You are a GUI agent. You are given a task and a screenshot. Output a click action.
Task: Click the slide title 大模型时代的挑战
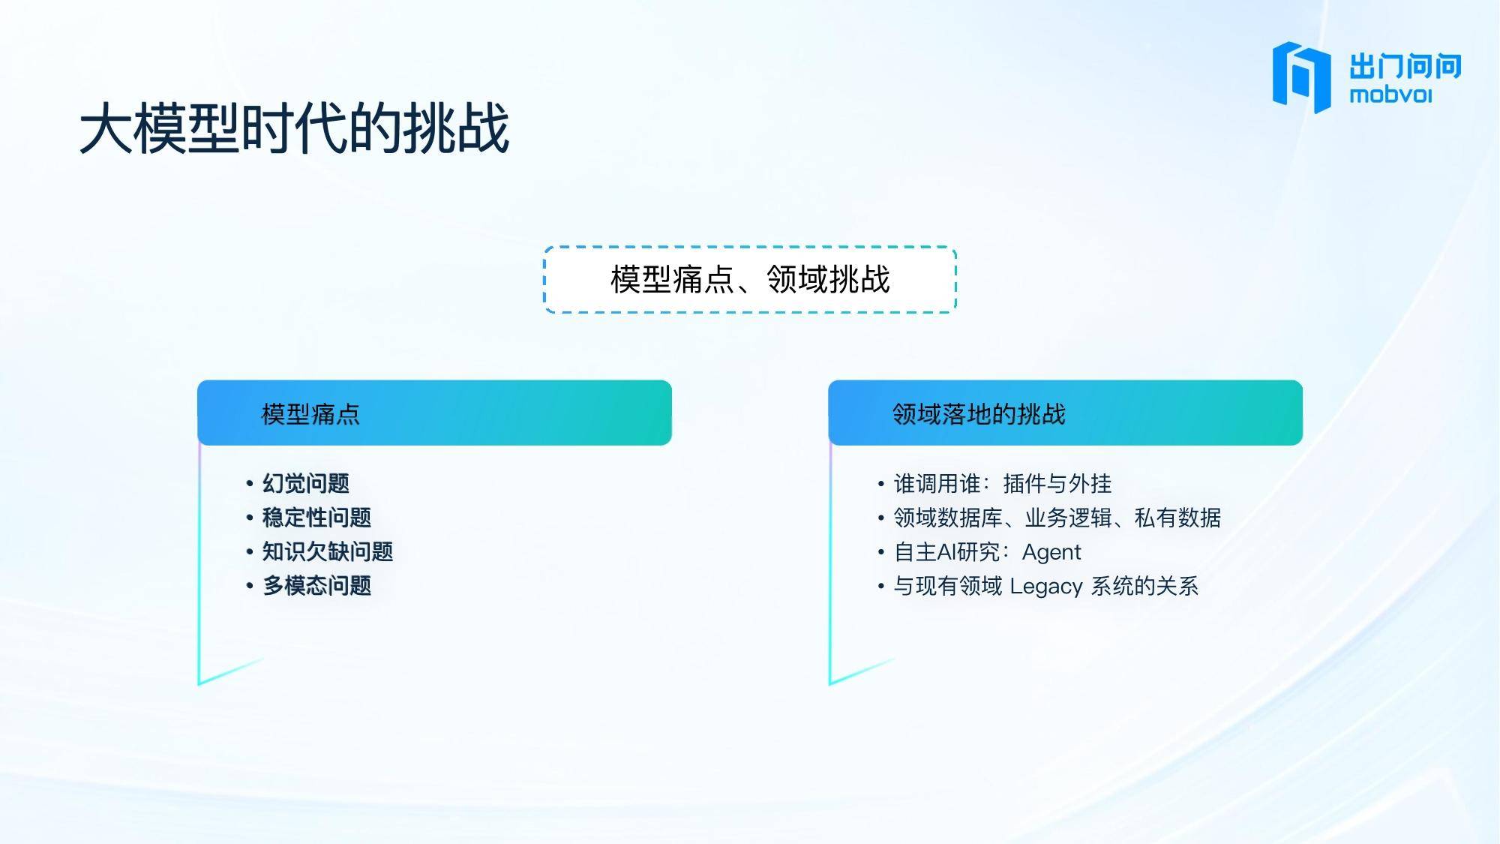295,129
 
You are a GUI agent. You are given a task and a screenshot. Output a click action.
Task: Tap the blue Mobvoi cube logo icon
1301,77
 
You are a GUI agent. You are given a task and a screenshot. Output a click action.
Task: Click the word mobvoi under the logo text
1390,95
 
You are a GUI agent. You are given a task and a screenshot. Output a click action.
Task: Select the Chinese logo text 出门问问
1405,66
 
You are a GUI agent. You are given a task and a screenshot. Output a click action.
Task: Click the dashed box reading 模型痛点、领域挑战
750,279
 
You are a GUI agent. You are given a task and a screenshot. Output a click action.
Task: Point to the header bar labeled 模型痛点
434,413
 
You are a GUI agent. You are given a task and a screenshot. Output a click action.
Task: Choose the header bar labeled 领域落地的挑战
1065,413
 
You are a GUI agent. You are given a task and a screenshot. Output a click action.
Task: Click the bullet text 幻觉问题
306,483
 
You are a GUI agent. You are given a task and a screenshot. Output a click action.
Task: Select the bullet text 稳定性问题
316,517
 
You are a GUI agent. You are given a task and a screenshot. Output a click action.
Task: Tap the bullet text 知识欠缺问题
328,551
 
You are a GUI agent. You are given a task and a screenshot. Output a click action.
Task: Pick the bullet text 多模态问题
316,585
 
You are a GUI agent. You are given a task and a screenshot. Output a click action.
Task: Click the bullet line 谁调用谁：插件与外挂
1003,483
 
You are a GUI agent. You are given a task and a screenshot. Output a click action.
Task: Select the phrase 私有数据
1177,517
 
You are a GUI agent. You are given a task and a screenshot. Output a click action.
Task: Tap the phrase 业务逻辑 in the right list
1068,517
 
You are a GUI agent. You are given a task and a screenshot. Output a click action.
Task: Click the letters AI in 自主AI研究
947,552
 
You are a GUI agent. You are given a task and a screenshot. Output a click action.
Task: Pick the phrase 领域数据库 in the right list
948,517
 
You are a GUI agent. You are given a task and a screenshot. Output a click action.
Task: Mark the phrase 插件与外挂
1057,483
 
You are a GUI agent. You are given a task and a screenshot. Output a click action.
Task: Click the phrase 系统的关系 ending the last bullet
1144,585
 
